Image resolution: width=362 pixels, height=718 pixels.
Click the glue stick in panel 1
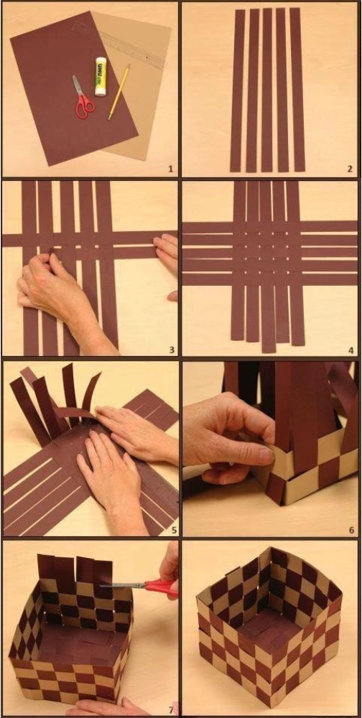tap(101, 76)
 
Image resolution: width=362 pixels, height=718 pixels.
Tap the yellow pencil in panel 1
tap(119, 92)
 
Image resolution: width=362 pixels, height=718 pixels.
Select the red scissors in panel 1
tap(83, 98)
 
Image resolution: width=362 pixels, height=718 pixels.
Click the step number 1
tap(170, 169)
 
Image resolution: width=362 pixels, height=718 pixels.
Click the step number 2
tap(350, 169)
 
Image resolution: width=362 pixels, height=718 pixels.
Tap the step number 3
tap(172, 350)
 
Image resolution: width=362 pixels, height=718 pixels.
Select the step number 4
tap(351, 350)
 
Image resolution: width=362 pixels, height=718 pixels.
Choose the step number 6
tap(351, 531)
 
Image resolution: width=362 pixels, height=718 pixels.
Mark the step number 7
tap(170, 710)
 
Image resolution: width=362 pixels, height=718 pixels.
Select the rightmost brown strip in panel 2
tap(297, 89)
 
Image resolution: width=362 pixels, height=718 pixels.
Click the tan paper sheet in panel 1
tap(137, 83)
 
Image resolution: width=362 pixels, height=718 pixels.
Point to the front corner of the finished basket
tap(270, 707)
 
